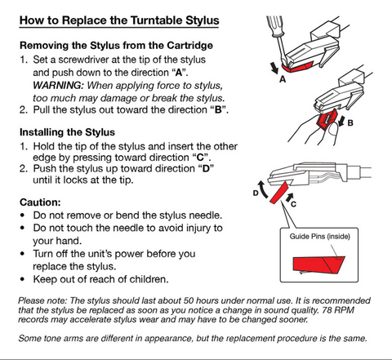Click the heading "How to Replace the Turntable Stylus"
tap(119, 21)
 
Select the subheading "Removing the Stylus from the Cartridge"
tap(116, 45)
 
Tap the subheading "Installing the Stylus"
tap(67, 132)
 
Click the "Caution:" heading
tap(40, 202)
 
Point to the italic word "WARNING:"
tap(58, 86)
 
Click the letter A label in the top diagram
tap(283, 79)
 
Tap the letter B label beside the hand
tap(350, 123)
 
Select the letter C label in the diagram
tap(293, 204)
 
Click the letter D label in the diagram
tap(256, 193)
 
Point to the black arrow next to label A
tap(274, 68)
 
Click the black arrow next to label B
tap(341, 122)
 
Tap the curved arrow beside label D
tap(263, 189)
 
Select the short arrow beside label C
tap(290, 197)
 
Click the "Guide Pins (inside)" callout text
tap(319, 237)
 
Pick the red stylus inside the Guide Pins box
tap(318, 264)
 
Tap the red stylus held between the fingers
tap(327, 120)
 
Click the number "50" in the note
tap(189, 300)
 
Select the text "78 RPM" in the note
tap(338, 310)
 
